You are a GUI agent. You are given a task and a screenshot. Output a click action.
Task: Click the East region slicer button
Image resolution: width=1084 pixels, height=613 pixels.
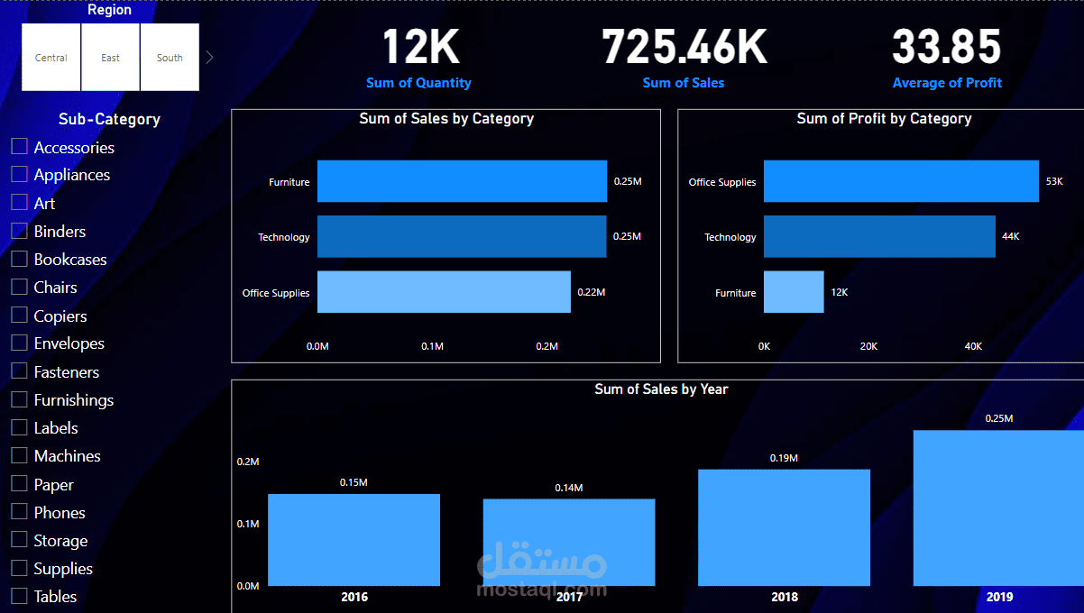(110, 58)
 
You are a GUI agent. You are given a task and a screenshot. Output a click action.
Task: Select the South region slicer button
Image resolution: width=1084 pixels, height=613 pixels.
(170, 58)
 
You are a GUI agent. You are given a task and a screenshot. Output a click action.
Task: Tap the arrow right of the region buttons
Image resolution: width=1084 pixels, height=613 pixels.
(209, 58)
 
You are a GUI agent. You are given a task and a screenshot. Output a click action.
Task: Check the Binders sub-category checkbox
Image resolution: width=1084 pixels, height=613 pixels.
(19, 231)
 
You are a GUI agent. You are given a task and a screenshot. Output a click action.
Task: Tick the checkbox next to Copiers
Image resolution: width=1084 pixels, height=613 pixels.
(19, 316)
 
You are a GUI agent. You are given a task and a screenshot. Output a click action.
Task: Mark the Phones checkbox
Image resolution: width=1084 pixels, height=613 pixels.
(19, 512)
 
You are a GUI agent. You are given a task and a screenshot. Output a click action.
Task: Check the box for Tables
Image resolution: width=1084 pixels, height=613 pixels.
(19, 596)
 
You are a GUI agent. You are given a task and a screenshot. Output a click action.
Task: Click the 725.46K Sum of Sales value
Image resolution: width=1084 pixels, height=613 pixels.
(684, 47)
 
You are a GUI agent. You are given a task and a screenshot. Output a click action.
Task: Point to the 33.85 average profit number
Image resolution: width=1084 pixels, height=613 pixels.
(946, 47)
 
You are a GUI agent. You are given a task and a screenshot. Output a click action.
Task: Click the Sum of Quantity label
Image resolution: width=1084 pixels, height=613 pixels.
(418, 83)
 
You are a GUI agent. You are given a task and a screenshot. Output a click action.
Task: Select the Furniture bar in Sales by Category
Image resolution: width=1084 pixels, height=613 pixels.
(462, 181)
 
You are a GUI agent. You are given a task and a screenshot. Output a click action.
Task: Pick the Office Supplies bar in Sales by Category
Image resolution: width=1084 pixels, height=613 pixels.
(444, 292)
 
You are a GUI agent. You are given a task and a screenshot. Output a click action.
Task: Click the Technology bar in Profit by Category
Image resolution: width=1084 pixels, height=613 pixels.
(879, 237)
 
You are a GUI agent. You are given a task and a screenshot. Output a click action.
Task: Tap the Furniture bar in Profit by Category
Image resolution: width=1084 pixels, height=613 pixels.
(794, 292)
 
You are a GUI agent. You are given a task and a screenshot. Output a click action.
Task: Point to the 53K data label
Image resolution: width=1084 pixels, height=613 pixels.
(1054, 181)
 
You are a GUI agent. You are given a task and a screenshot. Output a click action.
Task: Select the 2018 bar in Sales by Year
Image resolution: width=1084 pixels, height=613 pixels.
(784, 527)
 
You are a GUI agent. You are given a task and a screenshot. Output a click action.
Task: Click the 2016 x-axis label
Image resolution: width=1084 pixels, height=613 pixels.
(354, 597)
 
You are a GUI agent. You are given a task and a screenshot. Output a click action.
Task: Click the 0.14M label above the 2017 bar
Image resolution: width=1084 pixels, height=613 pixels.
(568, 488)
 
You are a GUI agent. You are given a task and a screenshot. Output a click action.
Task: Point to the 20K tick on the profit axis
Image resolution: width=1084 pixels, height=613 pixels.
(868, 346)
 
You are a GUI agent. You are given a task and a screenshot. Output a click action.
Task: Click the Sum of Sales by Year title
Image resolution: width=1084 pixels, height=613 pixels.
(661, 389)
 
